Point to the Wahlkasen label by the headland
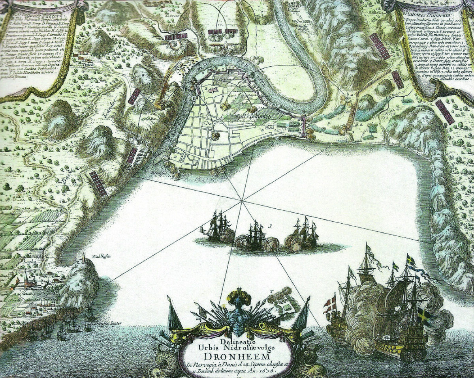pyautogui.click(x=101, y=256)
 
